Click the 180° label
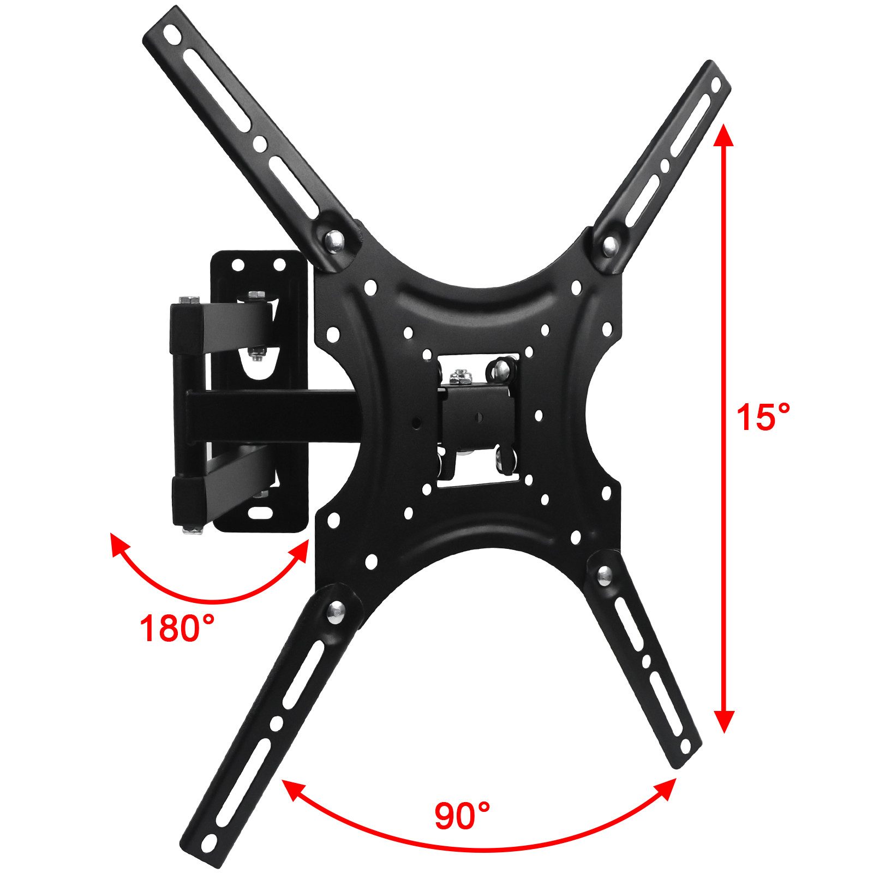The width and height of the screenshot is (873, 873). pos(176,627)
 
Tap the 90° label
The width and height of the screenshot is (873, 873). pos(462,816)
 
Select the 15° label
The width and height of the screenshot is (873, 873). pos(763,417)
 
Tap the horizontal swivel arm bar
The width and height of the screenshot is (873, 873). pos(273,415)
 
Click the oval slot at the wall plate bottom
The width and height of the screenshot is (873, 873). pos(261,513)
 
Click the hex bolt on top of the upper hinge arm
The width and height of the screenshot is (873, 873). pos(188,300)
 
